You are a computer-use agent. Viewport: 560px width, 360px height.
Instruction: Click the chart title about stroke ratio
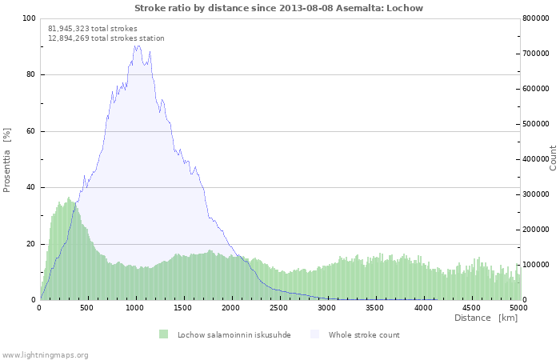click(x=278, y=8)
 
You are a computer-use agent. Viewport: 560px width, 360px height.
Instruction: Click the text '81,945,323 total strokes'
click(x=93, y=29)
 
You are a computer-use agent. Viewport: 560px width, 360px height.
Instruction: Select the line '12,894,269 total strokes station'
click(x=106, y=38)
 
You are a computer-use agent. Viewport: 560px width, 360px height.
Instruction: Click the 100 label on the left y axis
click(x=30, y=18)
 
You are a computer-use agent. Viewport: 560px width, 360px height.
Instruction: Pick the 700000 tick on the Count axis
click(x=536, y=54)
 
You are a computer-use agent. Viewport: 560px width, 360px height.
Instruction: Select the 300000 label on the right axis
click(x=536, y=194)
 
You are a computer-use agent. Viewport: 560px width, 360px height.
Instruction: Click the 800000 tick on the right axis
click(x=536, y=18)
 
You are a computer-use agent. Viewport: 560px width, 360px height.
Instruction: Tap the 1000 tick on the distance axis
click(x=134, y=308)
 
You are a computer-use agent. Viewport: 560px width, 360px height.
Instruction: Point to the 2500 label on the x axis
click(x=278, y=308)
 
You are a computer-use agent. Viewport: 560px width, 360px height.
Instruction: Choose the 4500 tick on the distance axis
click(x=471, y=308)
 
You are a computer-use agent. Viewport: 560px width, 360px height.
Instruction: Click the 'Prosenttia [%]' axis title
click(x=6, y=160)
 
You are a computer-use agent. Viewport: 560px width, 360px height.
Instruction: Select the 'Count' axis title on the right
click(x=553, y=158)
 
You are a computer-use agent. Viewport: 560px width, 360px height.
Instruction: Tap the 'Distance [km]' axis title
click(x=486, y=318)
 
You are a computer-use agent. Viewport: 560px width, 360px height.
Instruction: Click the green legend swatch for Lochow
click(x=163, y=334)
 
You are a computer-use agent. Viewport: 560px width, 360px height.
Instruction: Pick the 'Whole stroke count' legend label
click(x=364, y=335)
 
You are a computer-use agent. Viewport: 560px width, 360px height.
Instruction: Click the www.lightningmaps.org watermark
click(x=45, y=355)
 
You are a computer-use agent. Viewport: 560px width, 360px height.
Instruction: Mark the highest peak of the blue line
click(x=136, y=46)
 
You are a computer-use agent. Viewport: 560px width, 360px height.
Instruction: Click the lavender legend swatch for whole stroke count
click(x=314, y=334)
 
